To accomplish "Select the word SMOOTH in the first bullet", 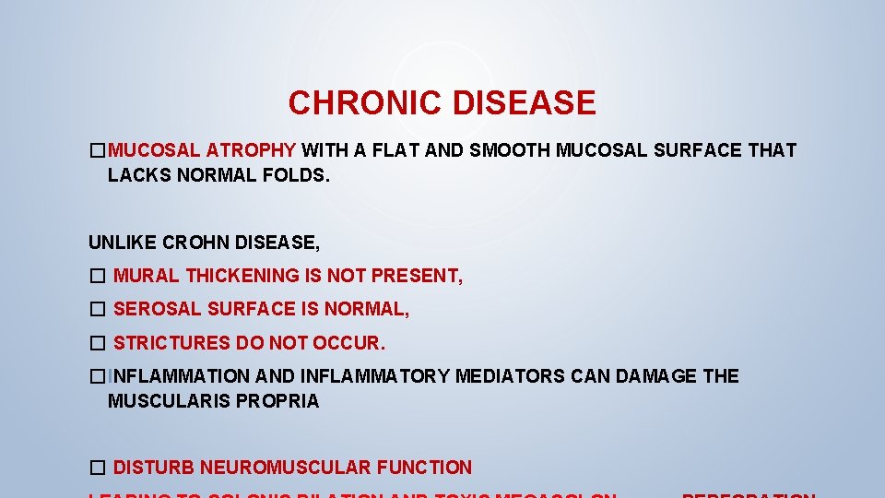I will (510, 150).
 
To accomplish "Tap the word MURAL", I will (147, 276).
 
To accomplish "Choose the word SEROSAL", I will (158, 309).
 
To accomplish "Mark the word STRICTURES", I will (172, 343).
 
